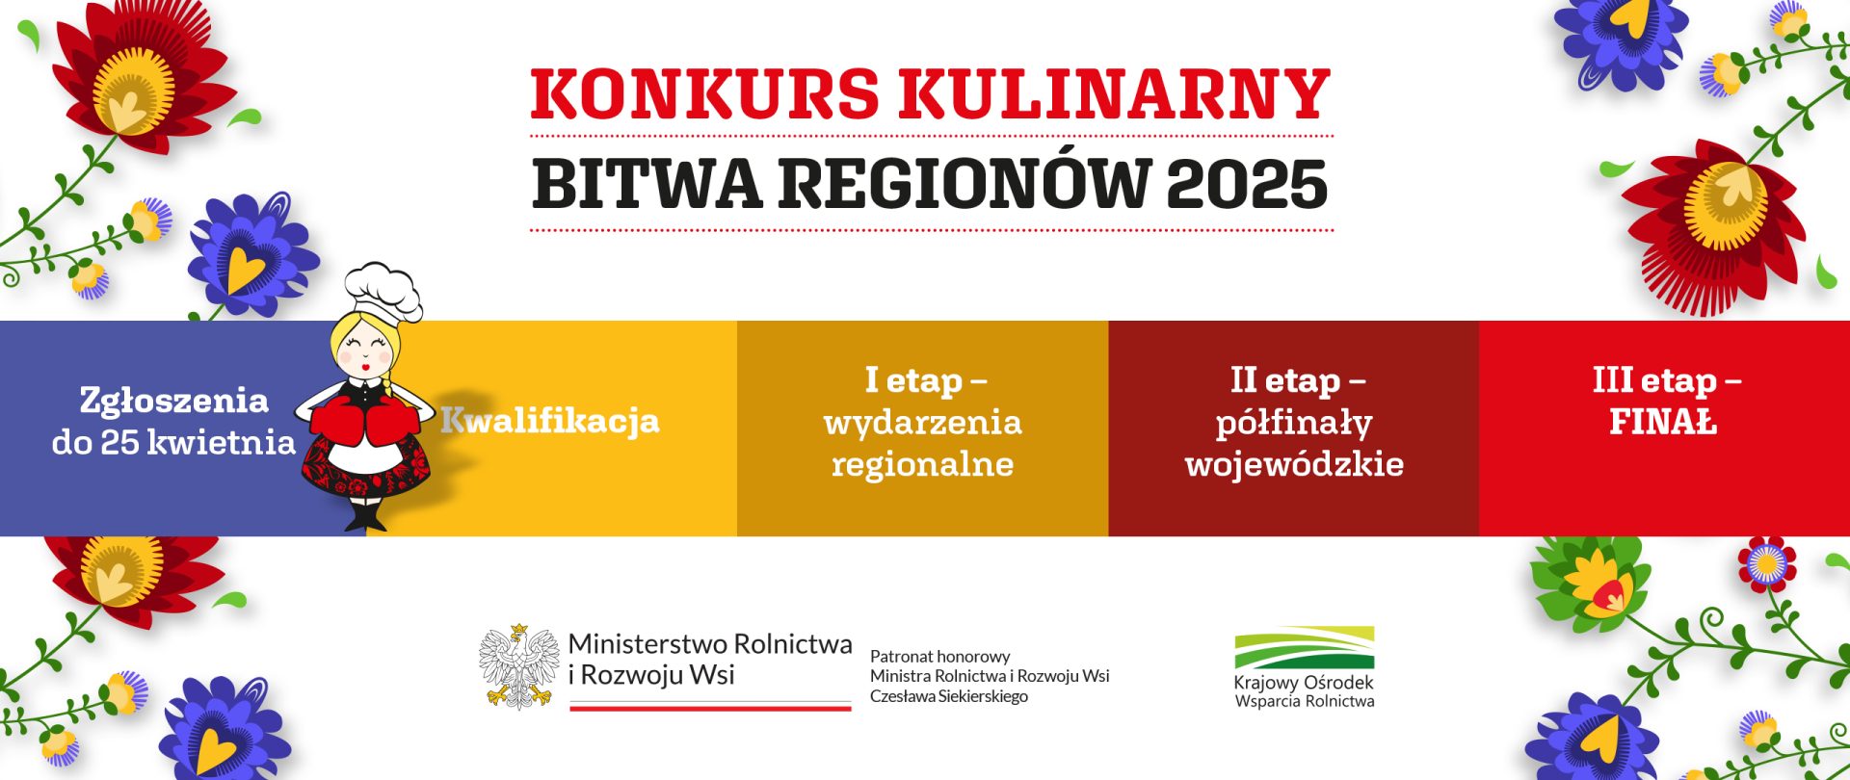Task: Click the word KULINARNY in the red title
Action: [1115, 93]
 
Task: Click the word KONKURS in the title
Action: [704, 93]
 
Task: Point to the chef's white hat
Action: [383, 291]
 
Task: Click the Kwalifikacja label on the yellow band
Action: [550, 422]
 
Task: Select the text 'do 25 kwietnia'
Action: [173, 442]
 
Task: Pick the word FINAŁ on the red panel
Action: [1663, 422]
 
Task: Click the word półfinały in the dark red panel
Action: [1294, 424]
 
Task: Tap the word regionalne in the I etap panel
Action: [923, 465]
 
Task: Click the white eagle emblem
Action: [519, 666]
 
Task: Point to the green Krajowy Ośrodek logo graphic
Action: [1305, 648]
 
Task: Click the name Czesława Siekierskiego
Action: [949, 696]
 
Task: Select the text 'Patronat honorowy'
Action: [939, 657]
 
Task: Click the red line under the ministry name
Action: [711, 708]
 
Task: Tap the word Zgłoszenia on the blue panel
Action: [173, 401]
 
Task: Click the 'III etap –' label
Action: [1667, 380]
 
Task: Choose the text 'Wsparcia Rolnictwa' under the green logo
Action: [1305, 701]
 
